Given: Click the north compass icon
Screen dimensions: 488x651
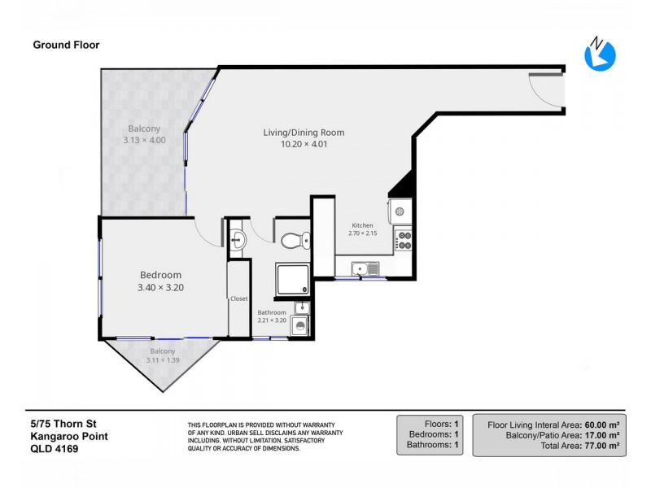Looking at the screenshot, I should [600, 54].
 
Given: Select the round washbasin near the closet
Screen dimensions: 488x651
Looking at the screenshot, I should [238, 239].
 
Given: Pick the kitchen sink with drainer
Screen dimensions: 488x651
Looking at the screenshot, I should [365, 268].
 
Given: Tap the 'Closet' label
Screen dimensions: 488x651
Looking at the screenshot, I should [238, 298].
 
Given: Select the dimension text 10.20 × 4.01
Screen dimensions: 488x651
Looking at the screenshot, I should [304, 145].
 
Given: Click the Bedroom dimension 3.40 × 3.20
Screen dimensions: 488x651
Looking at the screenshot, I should [160, 288].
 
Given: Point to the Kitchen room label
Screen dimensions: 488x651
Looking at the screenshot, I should [362, 225].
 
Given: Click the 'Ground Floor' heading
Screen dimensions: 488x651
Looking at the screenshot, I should [66, 45].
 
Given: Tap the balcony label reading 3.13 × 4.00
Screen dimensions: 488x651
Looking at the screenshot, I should [144, 140].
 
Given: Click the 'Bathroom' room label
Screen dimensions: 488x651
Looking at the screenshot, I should [272, 312].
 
